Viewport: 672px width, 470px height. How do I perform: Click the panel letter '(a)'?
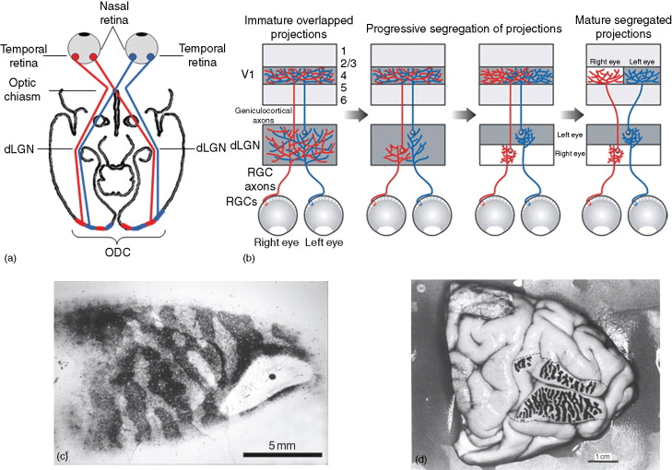[11, 259]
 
